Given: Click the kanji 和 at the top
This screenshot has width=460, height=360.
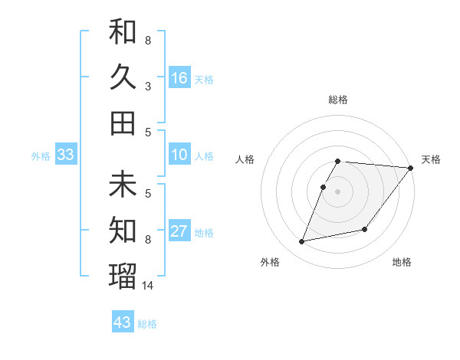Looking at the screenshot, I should point(123,32).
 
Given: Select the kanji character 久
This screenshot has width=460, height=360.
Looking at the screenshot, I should point(123,77).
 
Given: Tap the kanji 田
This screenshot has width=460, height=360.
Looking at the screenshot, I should point(123,123).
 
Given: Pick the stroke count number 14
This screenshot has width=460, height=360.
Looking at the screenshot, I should point(149,286).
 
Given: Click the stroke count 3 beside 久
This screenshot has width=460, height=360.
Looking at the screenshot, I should point(148,87).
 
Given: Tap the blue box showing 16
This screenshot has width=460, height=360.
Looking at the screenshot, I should point(179,78).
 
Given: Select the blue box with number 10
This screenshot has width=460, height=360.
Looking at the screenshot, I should point(179,155).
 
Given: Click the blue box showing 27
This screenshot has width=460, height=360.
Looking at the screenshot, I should point(179,232).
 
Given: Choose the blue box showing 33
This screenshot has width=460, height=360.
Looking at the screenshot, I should point(65,155).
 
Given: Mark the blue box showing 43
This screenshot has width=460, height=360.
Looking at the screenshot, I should point(122,322).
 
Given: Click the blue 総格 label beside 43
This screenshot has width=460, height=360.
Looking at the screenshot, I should point(147,324).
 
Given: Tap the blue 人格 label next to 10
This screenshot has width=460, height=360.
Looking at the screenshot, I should point(204,156).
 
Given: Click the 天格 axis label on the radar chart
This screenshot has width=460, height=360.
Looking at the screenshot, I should point(431,159).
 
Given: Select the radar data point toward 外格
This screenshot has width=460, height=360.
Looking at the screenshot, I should point(302,241).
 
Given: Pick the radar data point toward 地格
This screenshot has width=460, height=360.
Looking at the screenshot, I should point(365,229).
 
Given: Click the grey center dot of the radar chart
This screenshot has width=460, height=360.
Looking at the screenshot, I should point(338,191).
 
